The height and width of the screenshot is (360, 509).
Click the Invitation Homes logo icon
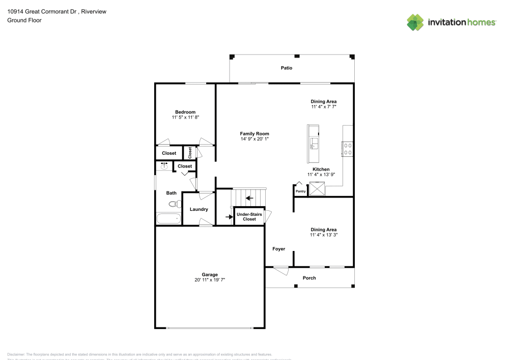tap(415, 22)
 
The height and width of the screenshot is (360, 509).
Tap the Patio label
tap(287, 68)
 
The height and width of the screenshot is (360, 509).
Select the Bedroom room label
tap(185, 112)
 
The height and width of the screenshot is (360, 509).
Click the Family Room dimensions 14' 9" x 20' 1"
tap(254, 139)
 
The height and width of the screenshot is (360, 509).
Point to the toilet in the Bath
tap(174, 204)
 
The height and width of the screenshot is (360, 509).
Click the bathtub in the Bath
tap(168, 219)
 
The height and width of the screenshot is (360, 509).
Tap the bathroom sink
tap(164, 167)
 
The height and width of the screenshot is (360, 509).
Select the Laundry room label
tap(199, 209)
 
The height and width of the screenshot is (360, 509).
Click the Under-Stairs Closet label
tap(249, 216)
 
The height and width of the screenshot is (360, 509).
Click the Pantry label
tap(300, 191)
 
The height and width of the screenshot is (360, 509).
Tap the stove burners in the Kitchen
tap(348, 149)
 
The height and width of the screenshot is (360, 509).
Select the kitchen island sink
tap(314, 142)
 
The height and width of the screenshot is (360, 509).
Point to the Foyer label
tap(278, 249)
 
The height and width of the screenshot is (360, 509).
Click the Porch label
tap(309, 278)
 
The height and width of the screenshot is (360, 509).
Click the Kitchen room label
tap(321, 169)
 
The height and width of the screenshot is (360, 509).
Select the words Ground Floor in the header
tap(24, 20)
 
